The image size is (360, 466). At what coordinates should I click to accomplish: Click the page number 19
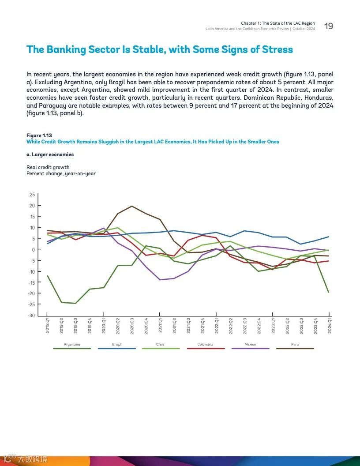click(329, 26)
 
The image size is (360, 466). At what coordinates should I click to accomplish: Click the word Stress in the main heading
click(276, 49)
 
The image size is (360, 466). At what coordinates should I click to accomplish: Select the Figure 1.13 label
click(39, 135)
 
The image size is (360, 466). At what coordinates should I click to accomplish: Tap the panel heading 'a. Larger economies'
click(50, 155)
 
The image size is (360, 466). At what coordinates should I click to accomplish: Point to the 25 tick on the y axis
click(32, 195)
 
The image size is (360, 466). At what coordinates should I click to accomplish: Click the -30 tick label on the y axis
click(31, 316)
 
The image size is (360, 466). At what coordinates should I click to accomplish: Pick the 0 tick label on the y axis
click(33, 250)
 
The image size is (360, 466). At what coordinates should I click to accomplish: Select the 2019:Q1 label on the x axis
click(48, 327)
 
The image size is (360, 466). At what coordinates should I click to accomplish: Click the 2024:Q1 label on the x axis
click(330, 327)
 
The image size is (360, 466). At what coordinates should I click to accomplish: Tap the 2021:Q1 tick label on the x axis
click(161, 327)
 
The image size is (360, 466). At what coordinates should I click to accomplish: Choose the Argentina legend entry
click(72, 345)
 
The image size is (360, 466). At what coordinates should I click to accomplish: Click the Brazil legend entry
click(117, 345)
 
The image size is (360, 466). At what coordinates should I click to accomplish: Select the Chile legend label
click(161, 345)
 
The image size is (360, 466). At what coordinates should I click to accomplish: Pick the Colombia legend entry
click(205, 345)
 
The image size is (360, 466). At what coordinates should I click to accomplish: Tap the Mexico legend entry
click(250, 345)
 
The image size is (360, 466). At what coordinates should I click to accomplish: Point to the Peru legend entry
click(295, 345)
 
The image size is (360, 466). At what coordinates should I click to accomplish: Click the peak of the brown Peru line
click(132, 206)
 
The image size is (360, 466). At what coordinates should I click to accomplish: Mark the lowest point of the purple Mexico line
click(160, 280)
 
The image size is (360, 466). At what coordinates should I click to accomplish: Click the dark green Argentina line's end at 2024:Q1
click(329, 292)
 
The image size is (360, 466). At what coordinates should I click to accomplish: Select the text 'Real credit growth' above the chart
click(48, 168)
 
